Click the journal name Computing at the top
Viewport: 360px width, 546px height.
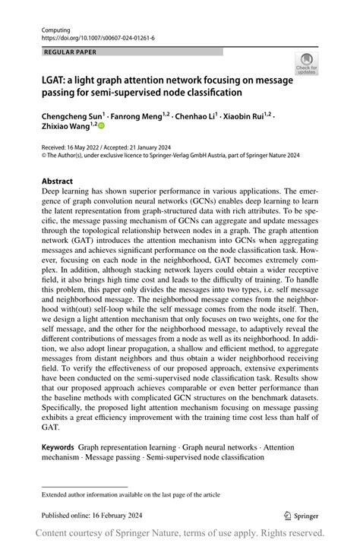pyautogui.click(x=55, y=27)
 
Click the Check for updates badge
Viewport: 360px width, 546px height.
pyautogui.click(x=308, y=64)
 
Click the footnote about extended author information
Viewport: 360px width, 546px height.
pyautogui.click(x=131, y=494)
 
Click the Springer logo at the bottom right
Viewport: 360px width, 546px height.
pyautogui.click(x=301, y=514)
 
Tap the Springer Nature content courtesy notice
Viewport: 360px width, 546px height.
pyautogui.click(x=180, y=534)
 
